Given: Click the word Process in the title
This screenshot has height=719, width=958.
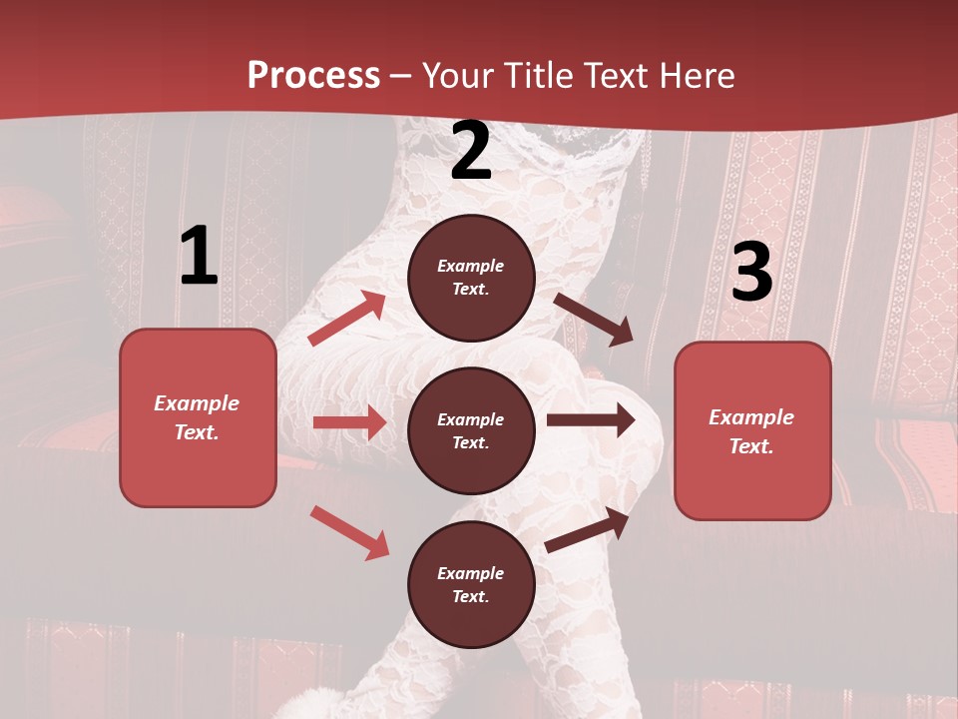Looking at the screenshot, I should tap(313, 75).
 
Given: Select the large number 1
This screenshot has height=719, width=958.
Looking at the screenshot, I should tap(199, 257).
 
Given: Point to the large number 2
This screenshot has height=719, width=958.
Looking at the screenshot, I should tap(471, 152).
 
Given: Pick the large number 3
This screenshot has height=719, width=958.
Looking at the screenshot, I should tap(751, 273).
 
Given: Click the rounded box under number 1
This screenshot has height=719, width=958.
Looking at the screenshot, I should tap(198, 417).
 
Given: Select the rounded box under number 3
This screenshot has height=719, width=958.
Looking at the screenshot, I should tap(752, 431).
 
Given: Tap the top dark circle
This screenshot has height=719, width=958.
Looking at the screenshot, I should tap(471, 278).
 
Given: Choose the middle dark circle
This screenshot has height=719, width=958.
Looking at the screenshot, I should tap(471, 430).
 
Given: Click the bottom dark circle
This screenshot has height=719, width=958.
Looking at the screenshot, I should tap(471, 584).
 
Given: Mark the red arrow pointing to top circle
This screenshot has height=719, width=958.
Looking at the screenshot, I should tap(347, 319).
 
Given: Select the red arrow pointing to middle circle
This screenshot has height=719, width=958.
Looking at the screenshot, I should tap(349, 422).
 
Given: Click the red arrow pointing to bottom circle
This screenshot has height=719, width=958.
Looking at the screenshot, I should tap(349, 531).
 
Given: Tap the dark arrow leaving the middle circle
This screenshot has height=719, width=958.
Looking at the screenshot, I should tap(591, 420).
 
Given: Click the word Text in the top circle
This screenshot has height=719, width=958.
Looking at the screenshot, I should tap(470, 290).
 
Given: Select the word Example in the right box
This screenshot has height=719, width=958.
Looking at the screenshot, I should tap(751, 417).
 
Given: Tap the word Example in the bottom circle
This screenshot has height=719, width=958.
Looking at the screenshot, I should tap(471, 573).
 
